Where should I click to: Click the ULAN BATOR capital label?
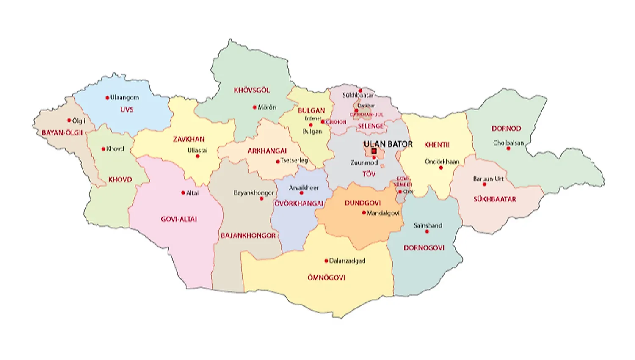click(x=388, y=144)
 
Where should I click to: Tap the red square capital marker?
click(x=374, y=151)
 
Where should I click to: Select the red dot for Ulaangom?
click(x=107, y=98)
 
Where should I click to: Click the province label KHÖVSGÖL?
click(x=251, y=90)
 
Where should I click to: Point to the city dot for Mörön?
click(x=254, y=107)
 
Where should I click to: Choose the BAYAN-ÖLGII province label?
click(x=62, y=133)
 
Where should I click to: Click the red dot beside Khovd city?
click(x=103, y=149)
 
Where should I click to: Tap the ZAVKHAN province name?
click(x=188, y=139)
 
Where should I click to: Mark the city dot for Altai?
click(x=183, y=193)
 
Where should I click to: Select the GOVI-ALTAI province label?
click(x=179, y=219)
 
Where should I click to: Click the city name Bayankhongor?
click(x=254, y=192)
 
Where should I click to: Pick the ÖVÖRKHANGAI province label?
click(x=299, y=203)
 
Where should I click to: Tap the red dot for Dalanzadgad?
click(x=326, y=261)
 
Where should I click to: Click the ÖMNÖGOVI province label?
click(x=326, y=278)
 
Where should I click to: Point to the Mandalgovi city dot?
click(x=364, y=213)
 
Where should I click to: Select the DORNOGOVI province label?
click(x=424, y=248)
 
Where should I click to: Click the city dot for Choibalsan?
click(x=508, y=148)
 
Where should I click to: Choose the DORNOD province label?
click(x=506, y=129)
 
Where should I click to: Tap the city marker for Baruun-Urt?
click(x=484, y=184)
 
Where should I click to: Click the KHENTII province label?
click(x=436, y=145)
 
